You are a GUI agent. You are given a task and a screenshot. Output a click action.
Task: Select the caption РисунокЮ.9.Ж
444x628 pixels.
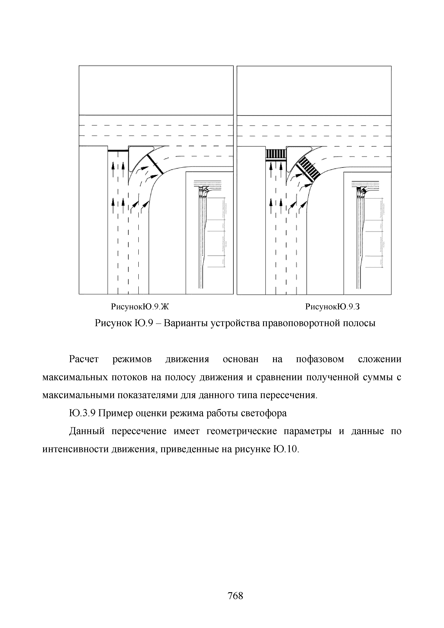tap(140, 307)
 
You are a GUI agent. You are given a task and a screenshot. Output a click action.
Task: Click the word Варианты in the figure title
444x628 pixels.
tap(183, 323)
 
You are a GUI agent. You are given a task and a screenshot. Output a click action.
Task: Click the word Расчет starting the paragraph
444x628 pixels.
tap(84, 359)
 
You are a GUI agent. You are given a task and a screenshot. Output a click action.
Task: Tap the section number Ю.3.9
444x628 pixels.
tap(82, 413)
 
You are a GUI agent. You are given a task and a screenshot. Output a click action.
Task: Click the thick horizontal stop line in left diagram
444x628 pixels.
tap(118, 151)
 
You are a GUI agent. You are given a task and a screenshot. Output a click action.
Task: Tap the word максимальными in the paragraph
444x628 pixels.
tap(78, 395)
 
